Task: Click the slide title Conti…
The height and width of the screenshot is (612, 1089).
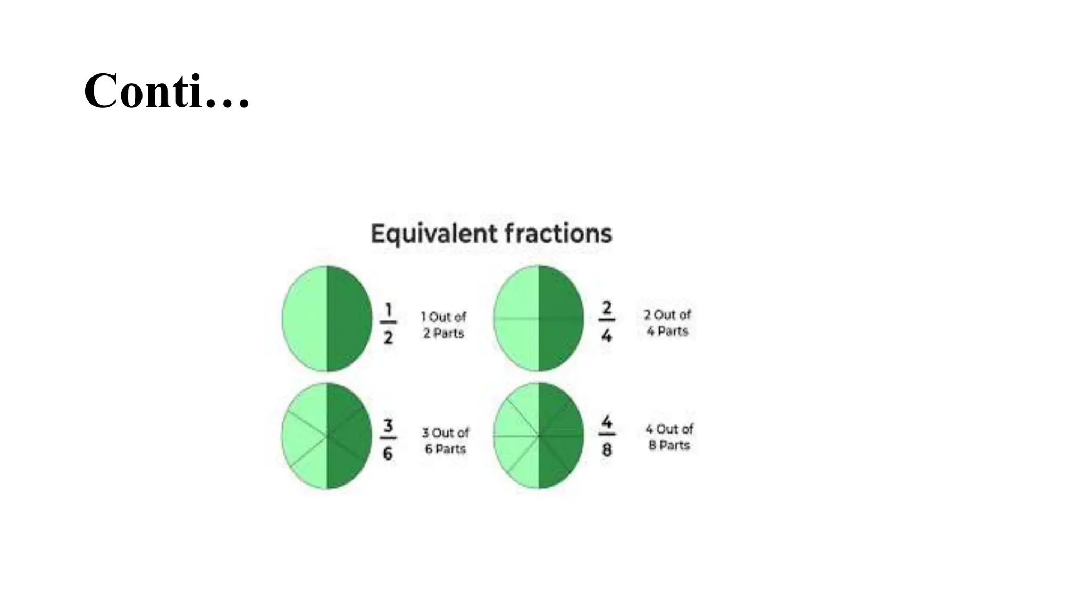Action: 166,91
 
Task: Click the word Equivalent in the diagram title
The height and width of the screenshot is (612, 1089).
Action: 434,234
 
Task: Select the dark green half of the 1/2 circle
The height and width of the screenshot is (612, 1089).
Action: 348,319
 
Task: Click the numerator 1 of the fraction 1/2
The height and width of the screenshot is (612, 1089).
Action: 388,309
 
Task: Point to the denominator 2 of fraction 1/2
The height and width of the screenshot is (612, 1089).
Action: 388,337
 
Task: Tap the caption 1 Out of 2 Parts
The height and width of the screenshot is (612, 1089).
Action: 443,325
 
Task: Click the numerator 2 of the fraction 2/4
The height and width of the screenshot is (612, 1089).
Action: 607,308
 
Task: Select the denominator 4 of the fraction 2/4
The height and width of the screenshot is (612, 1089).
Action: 607,335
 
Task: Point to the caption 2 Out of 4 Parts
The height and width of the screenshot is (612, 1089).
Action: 667,322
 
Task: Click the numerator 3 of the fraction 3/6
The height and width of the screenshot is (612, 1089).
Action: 388,426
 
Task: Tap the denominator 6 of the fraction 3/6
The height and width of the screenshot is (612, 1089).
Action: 388,453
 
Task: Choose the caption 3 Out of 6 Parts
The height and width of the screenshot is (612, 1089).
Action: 446,440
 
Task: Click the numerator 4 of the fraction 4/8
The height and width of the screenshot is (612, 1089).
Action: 607,422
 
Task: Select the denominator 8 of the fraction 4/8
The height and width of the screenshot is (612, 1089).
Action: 607,450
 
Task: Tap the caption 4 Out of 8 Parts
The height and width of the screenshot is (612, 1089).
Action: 669,437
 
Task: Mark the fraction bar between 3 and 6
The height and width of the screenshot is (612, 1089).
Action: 388,438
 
